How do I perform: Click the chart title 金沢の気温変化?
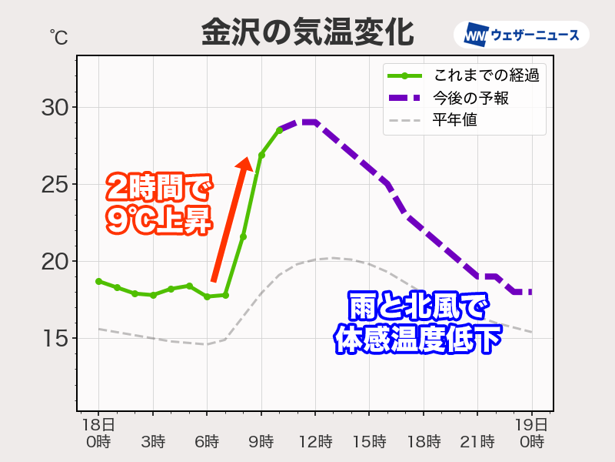point(307,33)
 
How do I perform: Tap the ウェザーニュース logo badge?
point(522,35)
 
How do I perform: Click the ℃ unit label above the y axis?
point(58,36)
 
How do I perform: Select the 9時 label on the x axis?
point(261,442)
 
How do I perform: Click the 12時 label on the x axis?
point(315,442)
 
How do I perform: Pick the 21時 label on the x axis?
point(477,442)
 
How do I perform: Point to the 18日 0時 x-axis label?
point(98,434)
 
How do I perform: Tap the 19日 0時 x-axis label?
point(532,434)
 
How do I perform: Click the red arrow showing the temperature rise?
point(230,219)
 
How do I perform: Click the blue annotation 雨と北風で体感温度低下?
point(415,322)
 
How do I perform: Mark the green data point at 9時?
point(261,156)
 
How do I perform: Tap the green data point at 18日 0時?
point(98,281)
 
